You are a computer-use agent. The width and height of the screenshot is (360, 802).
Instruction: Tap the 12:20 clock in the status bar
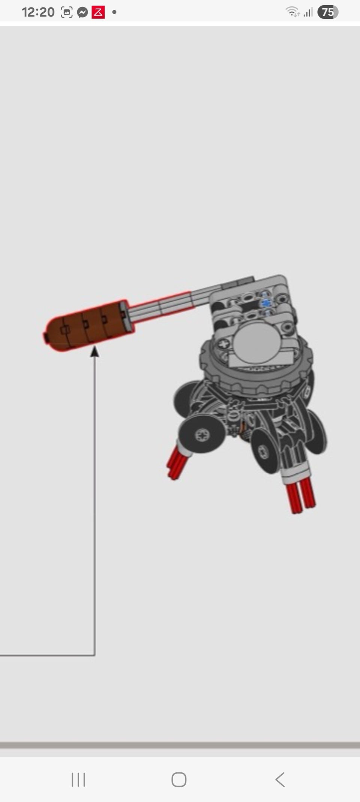[38, 12]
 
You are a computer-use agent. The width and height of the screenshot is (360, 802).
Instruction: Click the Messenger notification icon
[82, 12]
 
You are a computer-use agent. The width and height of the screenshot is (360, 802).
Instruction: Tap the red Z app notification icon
[98, 12]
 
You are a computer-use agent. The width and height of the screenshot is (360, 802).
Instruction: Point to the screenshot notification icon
[67, 12]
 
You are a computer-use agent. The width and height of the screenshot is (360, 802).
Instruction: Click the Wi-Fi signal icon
[292, 12]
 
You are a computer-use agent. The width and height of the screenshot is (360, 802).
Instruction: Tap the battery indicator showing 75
[328, 12]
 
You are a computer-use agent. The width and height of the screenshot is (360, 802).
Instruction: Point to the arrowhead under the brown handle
[95, 351]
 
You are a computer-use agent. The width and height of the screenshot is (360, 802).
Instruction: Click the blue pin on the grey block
[266, 303]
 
